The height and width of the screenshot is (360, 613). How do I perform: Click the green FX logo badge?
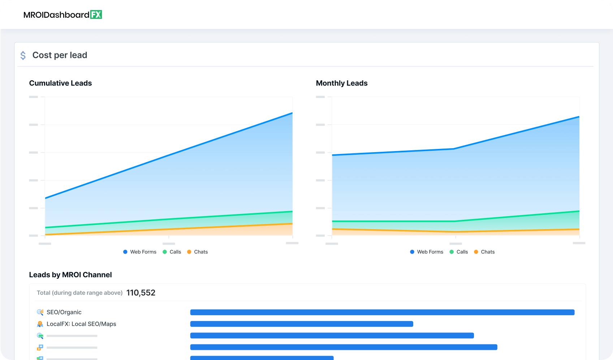coord(96,14)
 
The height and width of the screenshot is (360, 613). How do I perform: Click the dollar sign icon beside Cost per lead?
coord(23,55)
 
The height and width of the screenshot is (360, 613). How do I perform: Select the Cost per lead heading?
coord(60,55)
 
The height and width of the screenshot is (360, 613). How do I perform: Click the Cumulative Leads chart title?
coord(60,83)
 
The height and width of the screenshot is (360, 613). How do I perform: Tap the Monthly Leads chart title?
coord(341,83)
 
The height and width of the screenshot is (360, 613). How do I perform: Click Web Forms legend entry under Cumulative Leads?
coord(140,252)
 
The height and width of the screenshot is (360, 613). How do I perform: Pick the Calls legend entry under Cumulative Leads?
coord(172,252)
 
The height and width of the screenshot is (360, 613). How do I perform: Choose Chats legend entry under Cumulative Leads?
coord(198,252)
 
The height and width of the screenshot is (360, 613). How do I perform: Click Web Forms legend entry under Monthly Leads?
coord(427,252)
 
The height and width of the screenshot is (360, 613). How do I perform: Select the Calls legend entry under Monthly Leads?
coord(459,252)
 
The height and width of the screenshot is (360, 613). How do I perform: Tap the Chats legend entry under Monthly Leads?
coord(484,252)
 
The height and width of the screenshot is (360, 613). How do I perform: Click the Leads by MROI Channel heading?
coord(70,275)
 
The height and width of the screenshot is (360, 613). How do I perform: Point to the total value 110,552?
coord(141,293)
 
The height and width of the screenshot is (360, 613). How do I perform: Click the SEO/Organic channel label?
coord(64,312)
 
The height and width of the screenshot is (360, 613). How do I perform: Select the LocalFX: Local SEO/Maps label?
coord(81,324)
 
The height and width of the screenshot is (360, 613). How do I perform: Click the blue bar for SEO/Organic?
coord(382,312)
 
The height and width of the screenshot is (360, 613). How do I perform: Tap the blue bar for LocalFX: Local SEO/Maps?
coord(302,324)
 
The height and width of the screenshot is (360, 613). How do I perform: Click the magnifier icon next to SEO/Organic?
coord(40,312)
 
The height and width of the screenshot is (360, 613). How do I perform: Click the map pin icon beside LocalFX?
coord(40,324)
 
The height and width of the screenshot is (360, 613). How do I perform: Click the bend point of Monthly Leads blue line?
coord(454,149)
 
